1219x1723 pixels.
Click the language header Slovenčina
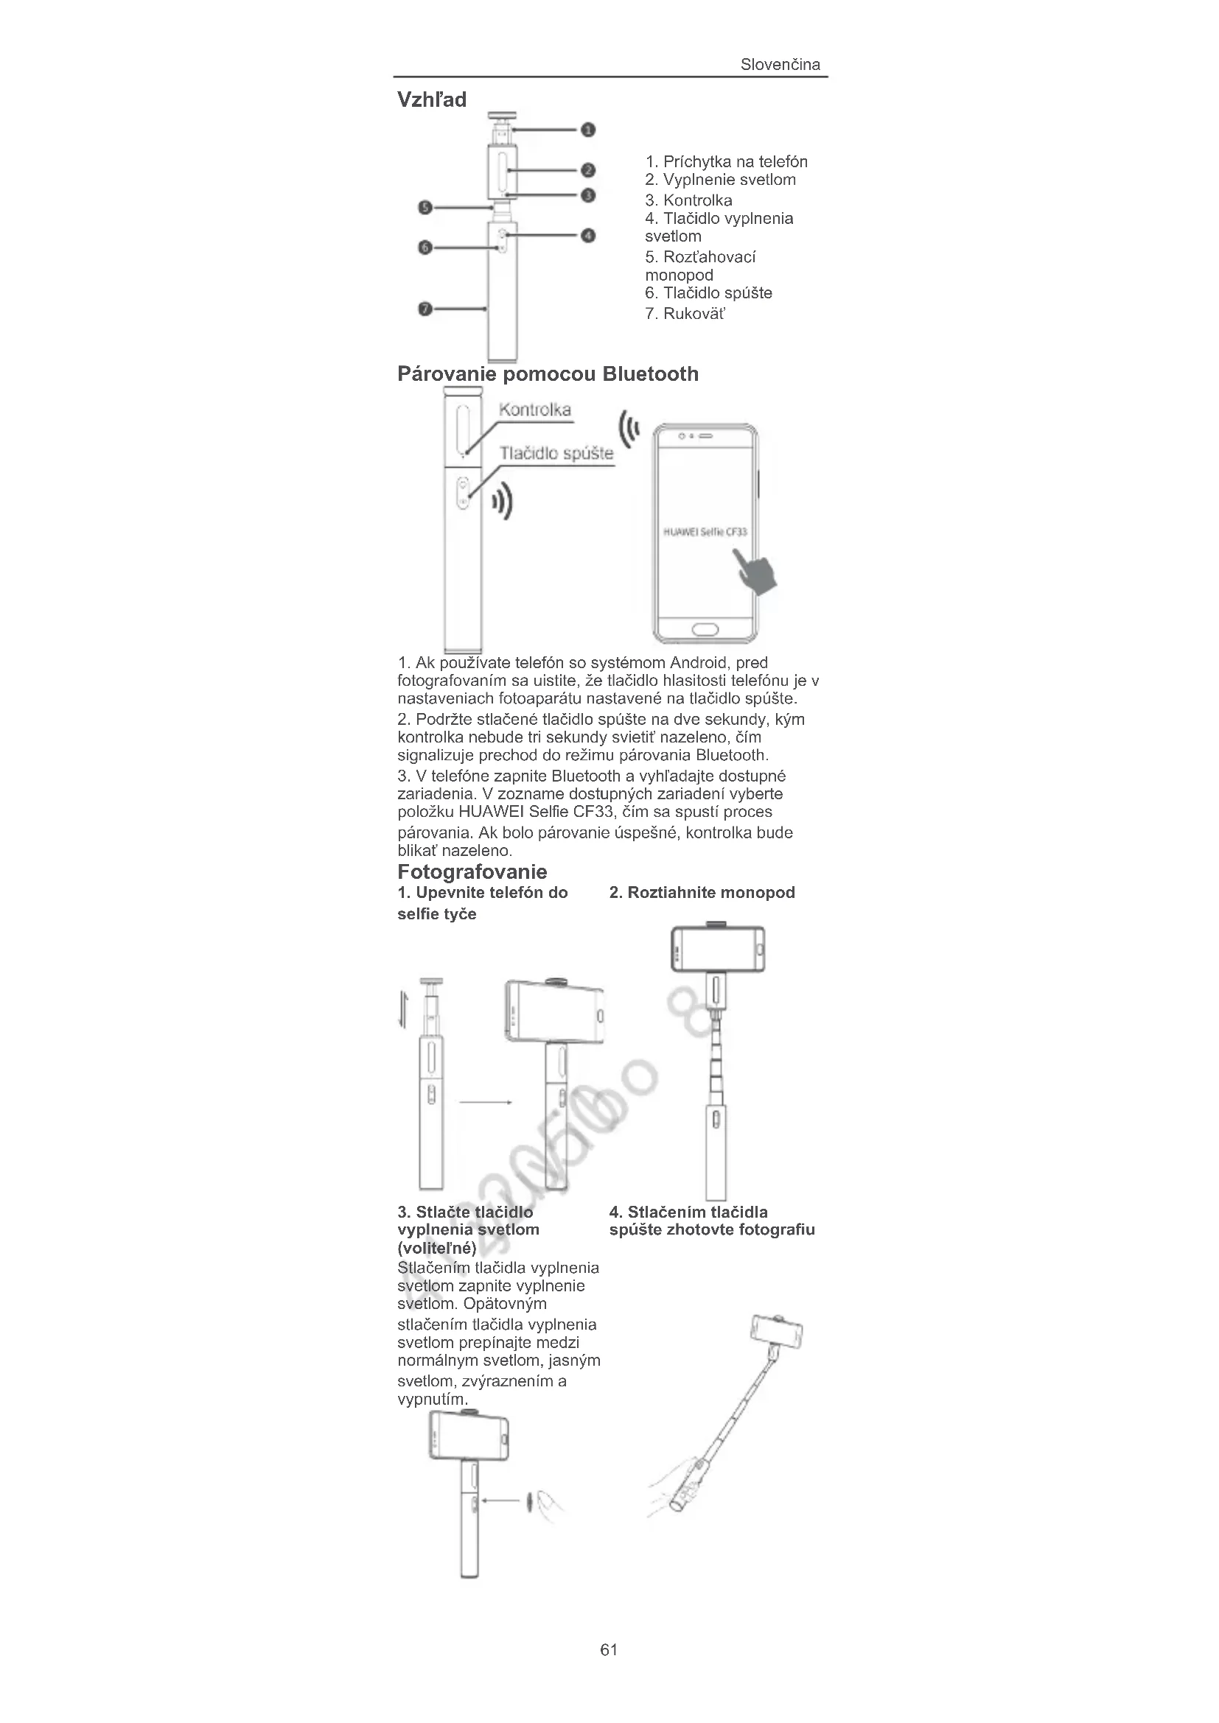780,65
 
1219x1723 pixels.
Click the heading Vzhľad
432,99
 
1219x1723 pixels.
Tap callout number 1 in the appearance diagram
588,130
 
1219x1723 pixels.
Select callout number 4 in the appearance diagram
588,236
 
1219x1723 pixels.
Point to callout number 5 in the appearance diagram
425,207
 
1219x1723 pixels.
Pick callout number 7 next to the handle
425,309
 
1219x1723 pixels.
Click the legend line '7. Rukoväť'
685,314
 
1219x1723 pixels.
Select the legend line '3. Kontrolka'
688,200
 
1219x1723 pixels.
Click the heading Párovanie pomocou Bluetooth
548,373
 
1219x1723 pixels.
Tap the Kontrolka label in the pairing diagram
535,410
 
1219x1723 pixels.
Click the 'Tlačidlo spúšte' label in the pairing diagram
556,453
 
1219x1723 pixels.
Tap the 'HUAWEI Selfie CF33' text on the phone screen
705,532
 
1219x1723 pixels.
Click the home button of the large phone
705,629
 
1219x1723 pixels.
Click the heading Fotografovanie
472,871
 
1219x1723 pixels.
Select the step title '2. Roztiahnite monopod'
702,892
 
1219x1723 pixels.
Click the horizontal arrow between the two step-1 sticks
485,1103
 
